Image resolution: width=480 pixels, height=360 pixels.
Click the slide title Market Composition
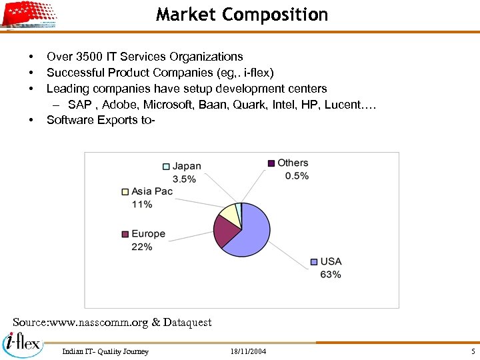(242, 15)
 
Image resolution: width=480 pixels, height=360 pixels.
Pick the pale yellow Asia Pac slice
(228, 213)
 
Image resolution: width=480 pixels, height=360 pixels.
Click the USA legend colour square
(314, 261)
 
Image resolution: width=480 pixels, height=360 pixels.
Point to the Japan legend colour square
(166, 167)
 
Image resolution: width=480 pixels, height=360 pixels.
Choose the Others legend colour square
(271, 163)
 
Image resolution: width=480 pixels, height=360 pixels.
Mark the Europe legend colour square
(125, 234)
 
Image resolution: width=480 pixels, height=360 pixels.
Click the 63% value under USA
(331, 274)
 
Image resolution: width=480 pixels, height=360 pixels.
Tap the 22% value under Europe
(141, 247)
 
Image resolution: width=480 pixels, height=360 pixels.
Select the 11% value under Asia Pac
(141, 204)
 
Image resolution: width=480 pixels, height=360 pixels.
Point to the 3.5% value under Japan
(184, 179)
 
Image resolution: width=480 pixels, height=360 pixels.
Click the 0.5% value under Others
(297, 175)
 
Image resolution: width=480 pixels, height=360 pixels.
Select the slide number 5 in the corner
(472, 351)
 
